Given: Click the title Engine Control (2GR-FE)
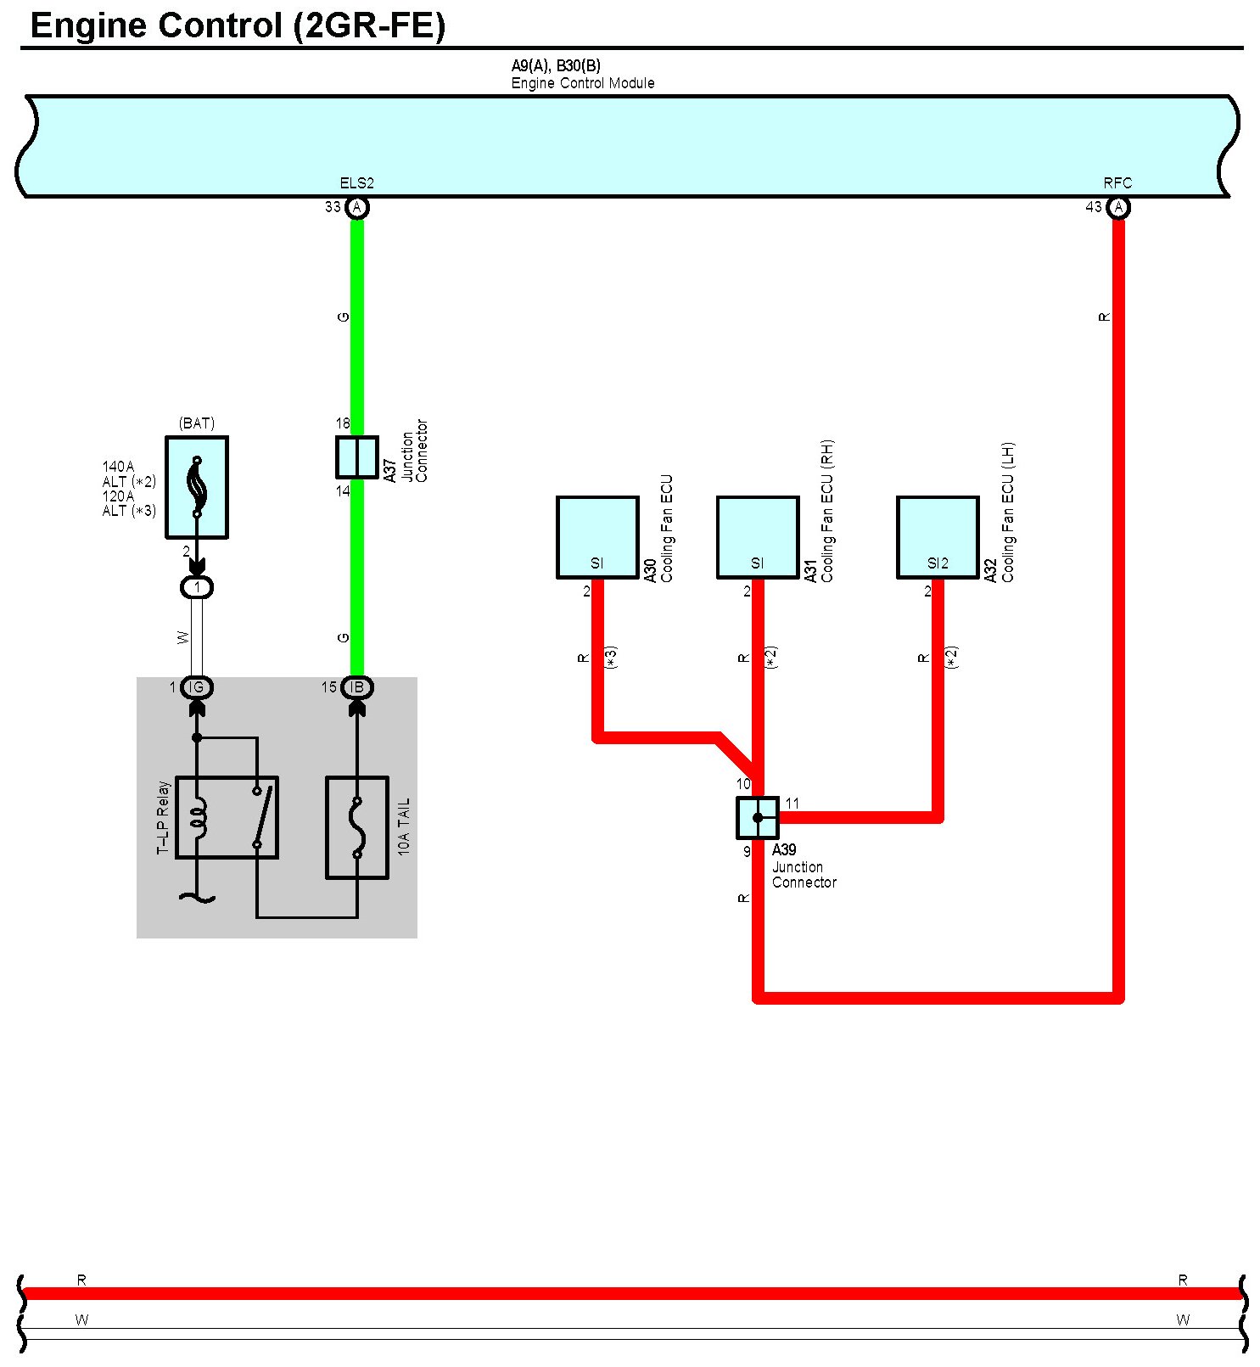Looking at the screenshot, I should (x=238, y=25).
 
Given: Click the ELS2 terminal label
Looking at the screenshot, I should (x=356, y=183).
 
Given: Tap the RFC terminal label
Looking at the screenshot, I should (x=1117, y=183).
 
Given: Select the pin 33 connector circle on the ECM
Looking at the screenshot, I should (x=357, y=207).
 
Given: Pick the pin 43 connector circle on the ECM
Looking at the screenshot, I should (x=1118, y=207).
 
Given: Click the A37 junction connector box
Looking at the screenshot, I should (x=357, y=457).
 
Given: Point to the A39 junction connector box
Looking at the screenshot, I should (x=758, y=818).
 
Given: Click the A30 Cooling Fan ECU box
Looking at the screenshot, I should (x=597, y=537).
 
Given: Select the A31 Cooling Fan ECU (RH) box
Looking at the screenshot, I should (x=758, y=537).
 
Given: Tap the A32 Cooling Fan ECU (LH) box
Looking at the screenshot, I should (x=938, y=537).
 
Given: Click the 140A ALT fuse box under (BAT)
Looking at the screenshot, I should (x=197, y=487).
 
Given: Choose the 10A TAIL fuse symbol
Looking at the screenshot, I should (x=357, y=827).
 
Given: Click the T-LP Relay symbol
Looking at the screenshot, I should (x=227, y=817).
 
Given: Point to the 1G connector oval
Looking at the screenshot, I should (x=197, y=687).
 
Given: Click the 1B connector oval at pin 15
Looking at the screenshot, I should (x=357, y=687).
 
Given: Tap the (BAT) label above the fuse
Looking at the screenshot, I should (x=197, y=423).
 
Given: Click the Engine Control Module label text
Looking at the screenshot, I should (x=583, y=83).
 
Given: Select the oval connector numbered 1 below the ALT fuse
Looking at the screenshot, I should (x=197, y=587).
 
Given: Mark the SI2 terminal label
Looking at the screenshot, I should (x=938, y=563).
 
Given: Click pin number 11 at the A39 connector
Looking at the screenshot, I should (x=792, y=804).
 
